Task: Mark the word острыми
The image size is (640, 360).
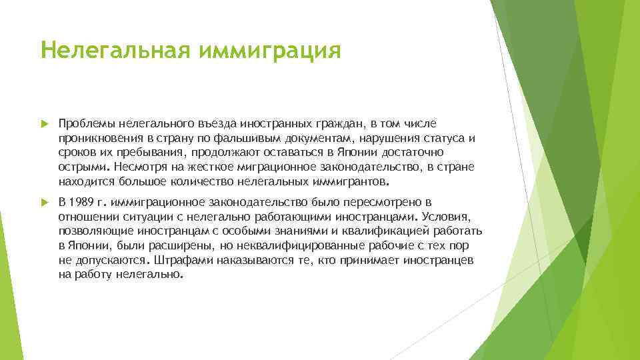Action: [x=84, y=167]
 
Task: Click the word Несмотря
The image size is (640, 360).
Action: [x=139, y=167]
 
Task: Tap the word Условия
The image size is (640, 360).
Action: [x=447, y=216]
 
